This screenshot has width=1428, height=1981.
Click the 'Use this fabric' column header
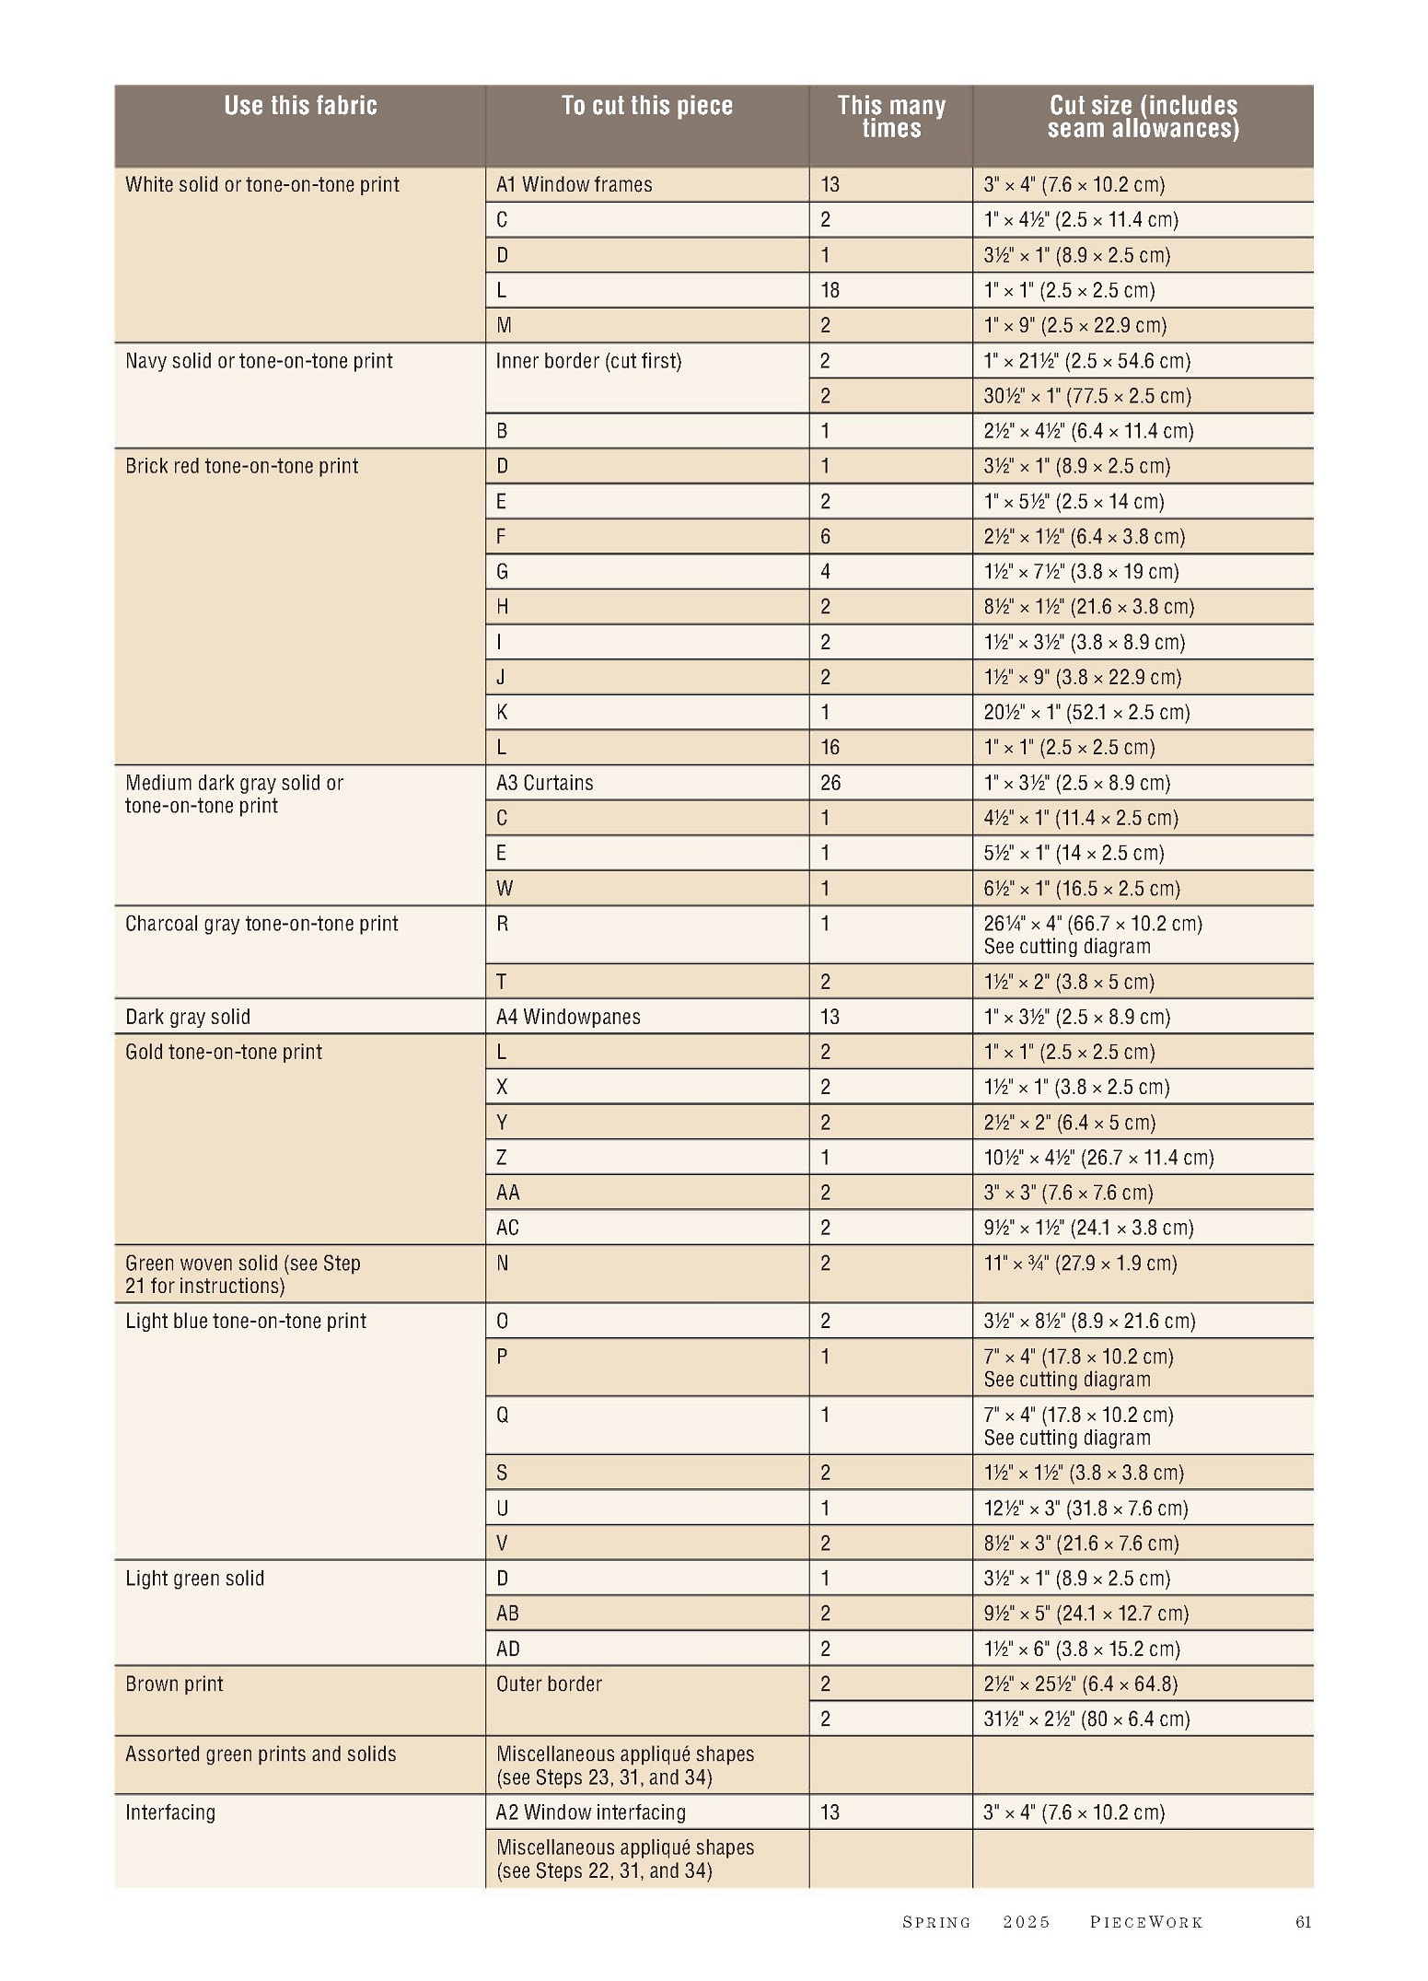[300, 106]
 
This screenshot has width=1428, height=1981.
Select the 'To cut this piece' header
[646, 106]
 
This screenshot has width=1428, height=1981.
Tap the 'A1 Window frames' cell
[574, 185]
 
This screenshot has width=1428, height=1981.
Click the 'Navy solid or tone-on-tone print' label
[259, 361]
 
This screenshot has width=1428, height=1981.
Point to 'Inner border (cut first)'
[588, 361]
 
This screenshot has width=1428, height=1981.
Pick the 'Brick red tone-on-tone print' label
[241, 466]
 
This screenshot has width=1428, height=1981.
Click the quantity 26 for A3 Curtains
[830, 783]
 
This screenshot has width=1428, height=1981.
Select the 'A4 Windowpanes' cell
[568, 1017]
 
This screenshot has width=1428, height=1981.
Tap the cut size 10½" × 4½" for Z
[1098, 1158]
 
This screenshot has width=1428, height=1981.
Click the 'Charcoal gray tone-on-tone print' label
[261, 924]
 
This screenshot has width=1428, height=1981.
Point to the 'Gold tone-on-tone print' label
[224, 1052]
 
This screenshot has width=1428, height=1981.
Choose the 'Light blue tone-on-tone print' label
[246, 1321]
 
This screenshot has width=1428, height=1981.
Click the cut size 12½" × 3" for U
[1086, 1508]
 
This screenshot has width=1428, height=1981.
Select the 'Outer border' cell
[549, 1684]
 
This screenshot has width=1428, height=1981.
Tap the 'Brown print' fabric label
[174, 1684]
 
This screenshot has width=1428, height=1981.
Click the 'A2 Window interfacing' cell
[590, 1812]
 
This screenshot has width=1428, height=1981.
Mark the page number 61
[1303, 1921]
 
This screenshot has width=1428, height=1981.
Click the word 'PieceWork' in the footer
[1146, 1922]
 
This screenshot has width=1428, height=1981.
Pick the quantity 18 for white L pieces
[830, 291]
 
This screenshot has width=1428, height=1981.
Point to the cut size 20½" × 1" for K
[1086, 713]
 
